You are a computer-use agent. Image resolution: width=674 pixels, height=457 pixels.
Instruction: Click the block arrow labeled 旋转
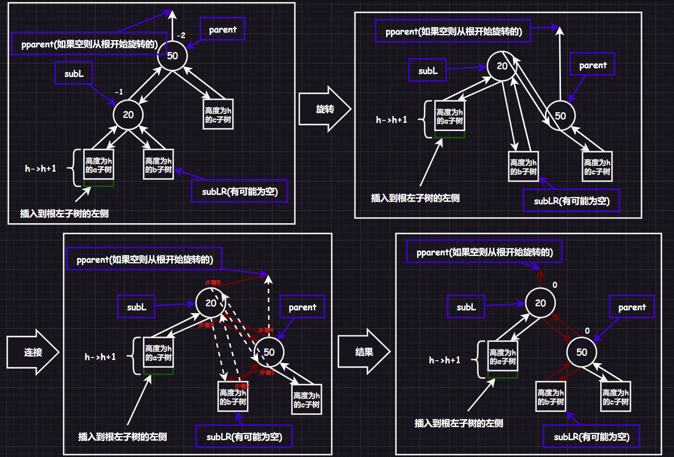325,109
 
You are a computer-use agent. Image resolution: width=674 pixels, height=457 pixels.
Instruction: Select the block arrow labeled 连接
33,352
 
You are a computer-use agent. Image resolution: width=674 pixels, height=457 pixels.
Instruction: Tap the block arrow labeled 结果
364,352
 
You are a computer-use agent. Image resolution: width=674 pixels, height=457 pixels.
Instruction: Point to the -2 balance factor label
181,35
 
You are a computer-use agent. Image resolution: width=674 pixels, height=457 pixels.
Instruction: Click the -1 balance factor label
119,92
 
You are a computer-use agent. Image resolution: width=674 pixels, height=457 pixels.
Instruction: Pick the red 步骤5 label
213,283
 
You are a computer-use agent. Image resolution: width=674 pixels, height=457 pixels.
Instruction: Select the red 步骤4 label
266,330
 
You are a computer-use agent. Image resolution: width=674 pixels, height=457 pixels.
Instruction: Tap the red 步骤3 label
206,325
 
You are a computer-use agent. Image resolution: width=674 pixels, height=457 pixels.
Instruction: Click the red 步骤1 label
267,373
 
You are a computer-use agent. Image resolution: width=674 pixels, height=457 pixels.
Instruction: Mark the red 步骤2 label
242,386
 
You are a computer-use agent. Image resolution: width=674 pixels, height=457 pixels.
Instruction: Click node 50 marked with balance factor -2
172,56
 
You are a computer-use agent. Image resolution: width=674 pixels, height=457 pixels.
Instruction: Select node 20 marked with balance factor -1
128,115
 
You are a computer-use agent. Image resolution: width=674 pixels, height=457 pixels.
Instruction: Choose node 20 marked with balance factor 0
540,303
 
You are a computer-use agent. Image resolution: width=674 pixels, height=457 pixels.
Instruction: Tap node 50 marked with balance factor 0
582,352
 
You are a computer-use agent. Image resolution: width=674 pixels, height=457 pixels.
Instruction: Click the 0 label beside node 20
555,285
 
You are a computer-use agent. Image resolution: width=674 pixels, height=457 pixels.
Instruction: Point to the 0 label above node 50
587,330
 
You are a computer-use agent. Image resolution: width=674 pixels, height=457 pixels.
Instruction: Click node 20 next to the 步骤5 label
211,303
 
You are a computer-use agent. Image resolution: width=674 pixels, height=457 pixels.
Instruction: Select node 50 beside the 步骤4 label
269,352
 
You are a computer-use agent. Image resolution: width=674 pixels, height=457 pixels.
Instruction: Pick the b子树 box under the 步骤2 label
233,396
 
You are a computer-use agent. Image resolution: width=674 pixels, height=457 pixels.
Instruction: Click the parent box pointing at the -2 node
222,29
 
